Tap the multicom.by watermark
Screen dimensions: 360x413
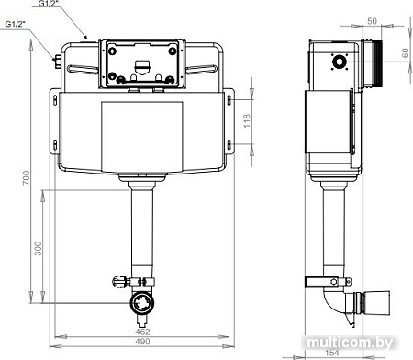point(359,341)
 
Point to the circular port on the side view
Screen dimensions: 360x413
point(340,63)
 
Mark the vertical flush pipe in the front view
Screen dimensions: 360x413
point(141,230)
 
